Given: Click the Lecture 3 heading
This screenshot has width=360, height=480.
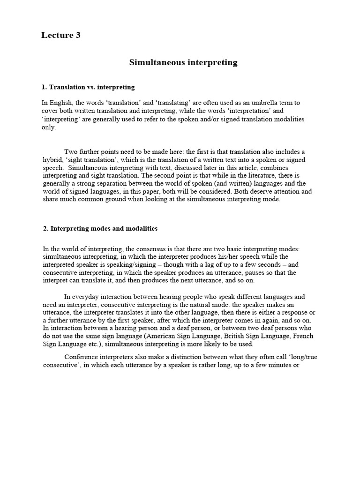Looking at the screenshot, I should point(61,36).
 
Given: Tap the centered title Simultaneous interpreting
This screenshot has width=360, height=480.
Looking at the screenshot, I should point(183,62).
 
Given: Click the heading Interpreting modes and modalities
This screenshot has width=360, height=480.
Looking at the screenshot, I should point(100,228).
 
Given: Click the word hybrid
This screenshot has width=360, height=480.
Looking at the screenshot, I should point(52,159).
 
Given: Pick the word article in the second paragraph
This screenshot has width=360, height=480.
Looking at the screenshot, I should point(221,167).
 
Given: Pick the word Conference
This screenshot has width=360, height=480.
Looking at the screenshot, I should point(82,357).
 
